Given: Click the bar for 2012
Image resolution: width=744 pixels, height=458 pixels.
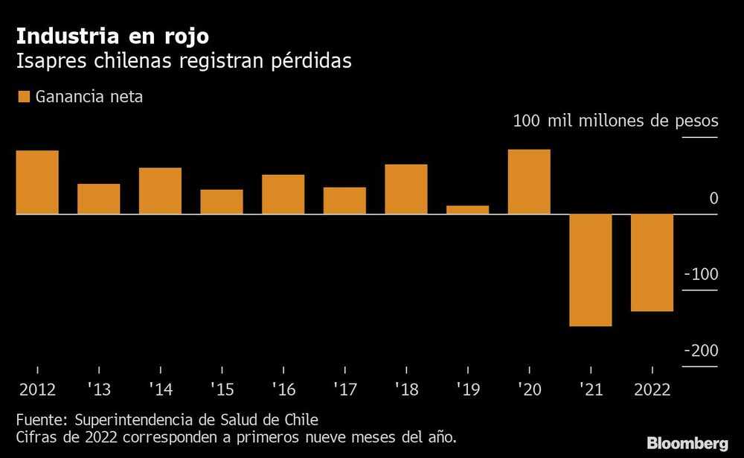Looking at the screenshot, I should (37, 182).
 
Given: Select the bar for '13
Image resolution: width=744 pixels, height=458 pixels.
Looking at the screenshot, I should (99, 199).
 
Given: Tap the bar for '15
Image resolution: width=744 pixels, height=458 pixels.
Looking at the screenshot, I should (222, 202).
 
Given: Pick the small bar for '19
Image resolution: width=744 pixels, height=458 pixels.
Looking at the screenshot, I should (467, 210).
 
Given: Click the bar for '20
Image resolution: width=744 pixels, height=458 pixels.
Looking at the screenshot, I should (529, 182).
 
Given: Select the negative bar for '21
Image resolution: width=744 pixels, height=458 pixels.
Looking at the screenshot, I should (591, 270).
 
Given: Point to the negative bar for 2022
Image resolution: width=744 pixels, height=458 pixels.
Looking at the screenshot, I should (652, 263).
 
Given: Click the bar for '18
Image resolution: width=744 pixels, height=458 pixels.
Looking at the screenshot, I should (406, 189).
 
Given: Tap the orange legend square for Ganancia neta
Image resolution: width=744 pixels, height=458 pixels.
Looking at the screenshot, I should (22, 97).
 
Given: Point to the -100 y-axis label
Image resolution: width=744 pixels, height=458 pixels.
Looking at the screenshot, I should (701, 274).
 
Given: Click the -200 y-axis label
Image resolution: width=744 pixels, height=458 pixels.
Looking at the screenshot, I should (701, 351).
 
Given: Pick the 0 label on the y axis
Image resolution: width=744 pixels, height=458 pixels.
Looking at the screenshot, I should (713, 198).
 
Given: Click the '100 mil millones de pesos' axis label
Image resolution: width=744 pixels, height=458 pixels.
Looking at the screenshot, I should (615, 121).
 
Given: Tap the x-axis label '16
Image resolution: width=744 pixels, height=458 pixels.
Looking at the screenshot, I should (283, 389).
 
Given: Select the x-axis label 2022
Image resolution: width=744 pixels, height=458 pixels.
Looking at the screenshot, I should (652, 389).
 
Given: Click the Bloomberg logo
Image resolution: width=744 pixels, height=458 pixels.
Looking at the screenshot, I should (687, 444).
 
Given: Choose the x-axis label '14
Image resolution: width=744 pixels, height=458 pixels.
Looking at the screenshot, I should (160, 389).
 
